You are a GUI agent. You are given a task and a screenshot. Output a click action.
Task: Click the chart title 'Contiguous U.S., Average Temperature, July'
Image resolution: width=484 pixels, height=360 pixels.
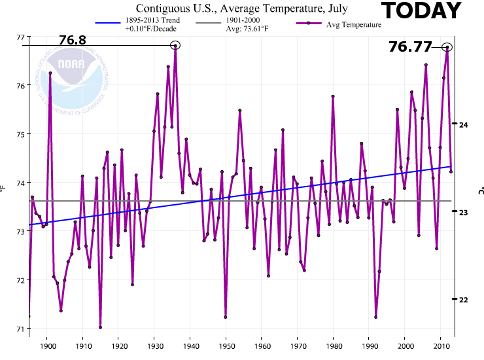tap(242, 9)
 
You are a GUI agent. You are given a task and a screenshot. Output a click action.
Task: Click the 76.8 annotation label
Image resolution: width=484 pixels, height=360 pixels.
tap(73, 41)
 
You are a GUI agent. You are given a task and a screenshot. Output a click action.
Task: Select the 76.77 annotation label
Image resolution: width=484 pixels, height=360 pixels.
tap(410, 46)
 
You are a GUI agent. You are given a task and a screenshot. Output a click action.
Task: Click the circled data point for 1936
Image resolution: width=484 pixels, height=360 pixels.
tap(175, 45)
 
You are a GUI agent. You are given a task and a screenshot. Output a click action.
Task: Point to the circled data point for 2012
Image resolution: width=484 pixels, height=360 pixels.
tap(447, 47)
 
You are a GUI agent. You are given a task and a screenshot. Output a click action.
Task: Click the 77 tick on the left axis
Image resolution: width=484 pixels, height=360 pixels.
tap(22, 37)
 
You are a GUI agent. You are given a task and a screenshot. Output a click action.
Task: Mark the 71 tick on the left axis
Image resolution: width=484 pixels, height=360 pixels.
tap(22, 329)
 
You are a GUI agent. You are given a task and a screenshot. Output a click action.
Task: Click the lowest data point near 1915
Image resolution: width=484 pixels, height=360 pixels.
tap(100, 327)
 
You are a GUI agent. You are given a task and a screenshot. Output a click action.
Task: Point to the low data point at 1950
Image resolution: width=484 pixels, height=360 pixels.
tap(226, 317)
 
